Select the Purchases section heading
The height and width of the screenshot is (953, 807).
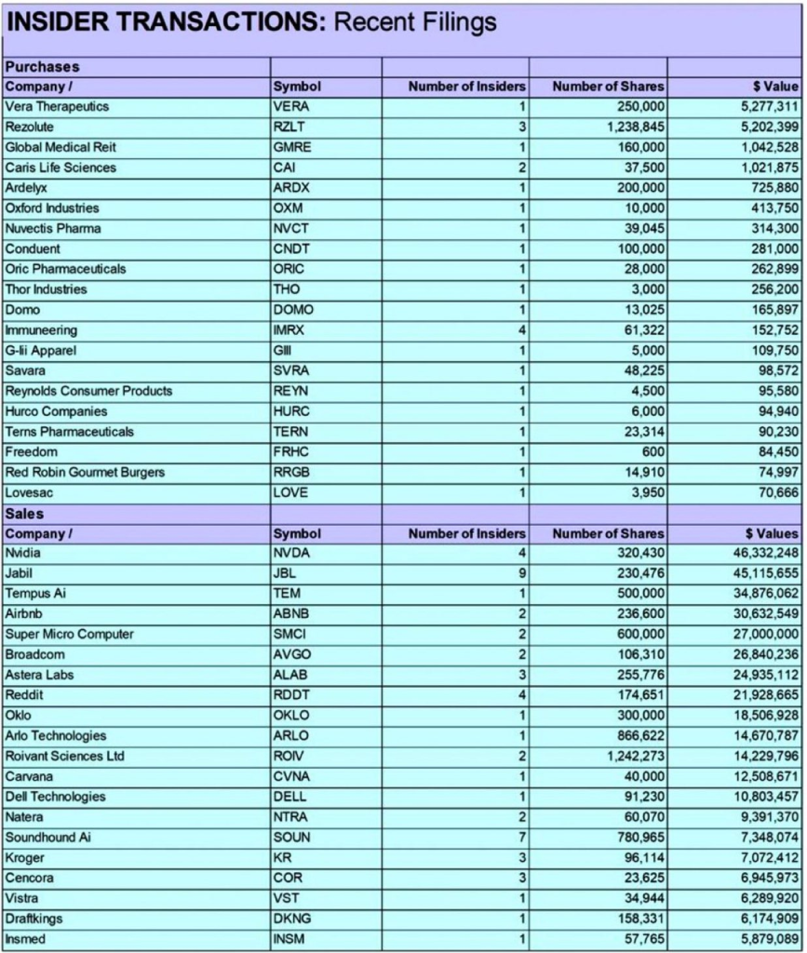coord(43,67)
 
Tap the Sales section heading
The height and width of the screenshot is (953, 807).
coord(25,514)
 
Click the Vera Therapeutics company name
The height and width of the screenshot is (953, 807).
coord(57,107)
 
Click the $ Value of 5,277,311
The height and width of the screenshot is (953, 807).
coord(762,107)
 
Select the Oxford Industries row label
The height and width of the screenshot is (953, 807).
coord(52,208)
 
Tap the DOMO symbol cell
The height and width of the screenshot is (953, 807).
coord(293,310)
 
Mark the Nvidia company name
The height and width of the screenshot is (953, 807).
coord(23,554)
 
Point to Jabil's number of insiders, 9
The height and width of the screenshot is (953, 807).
coord(523,574)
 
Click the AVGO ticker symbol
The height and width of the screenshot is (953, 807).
coord(291,655)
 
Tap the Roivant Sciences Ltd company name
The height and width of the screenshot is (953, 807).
coord(64,757)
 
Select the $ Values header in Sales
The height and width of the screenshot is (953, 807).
coord(772,534)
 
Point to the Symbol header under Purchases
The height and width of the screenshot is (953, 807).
coord(297,87)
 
